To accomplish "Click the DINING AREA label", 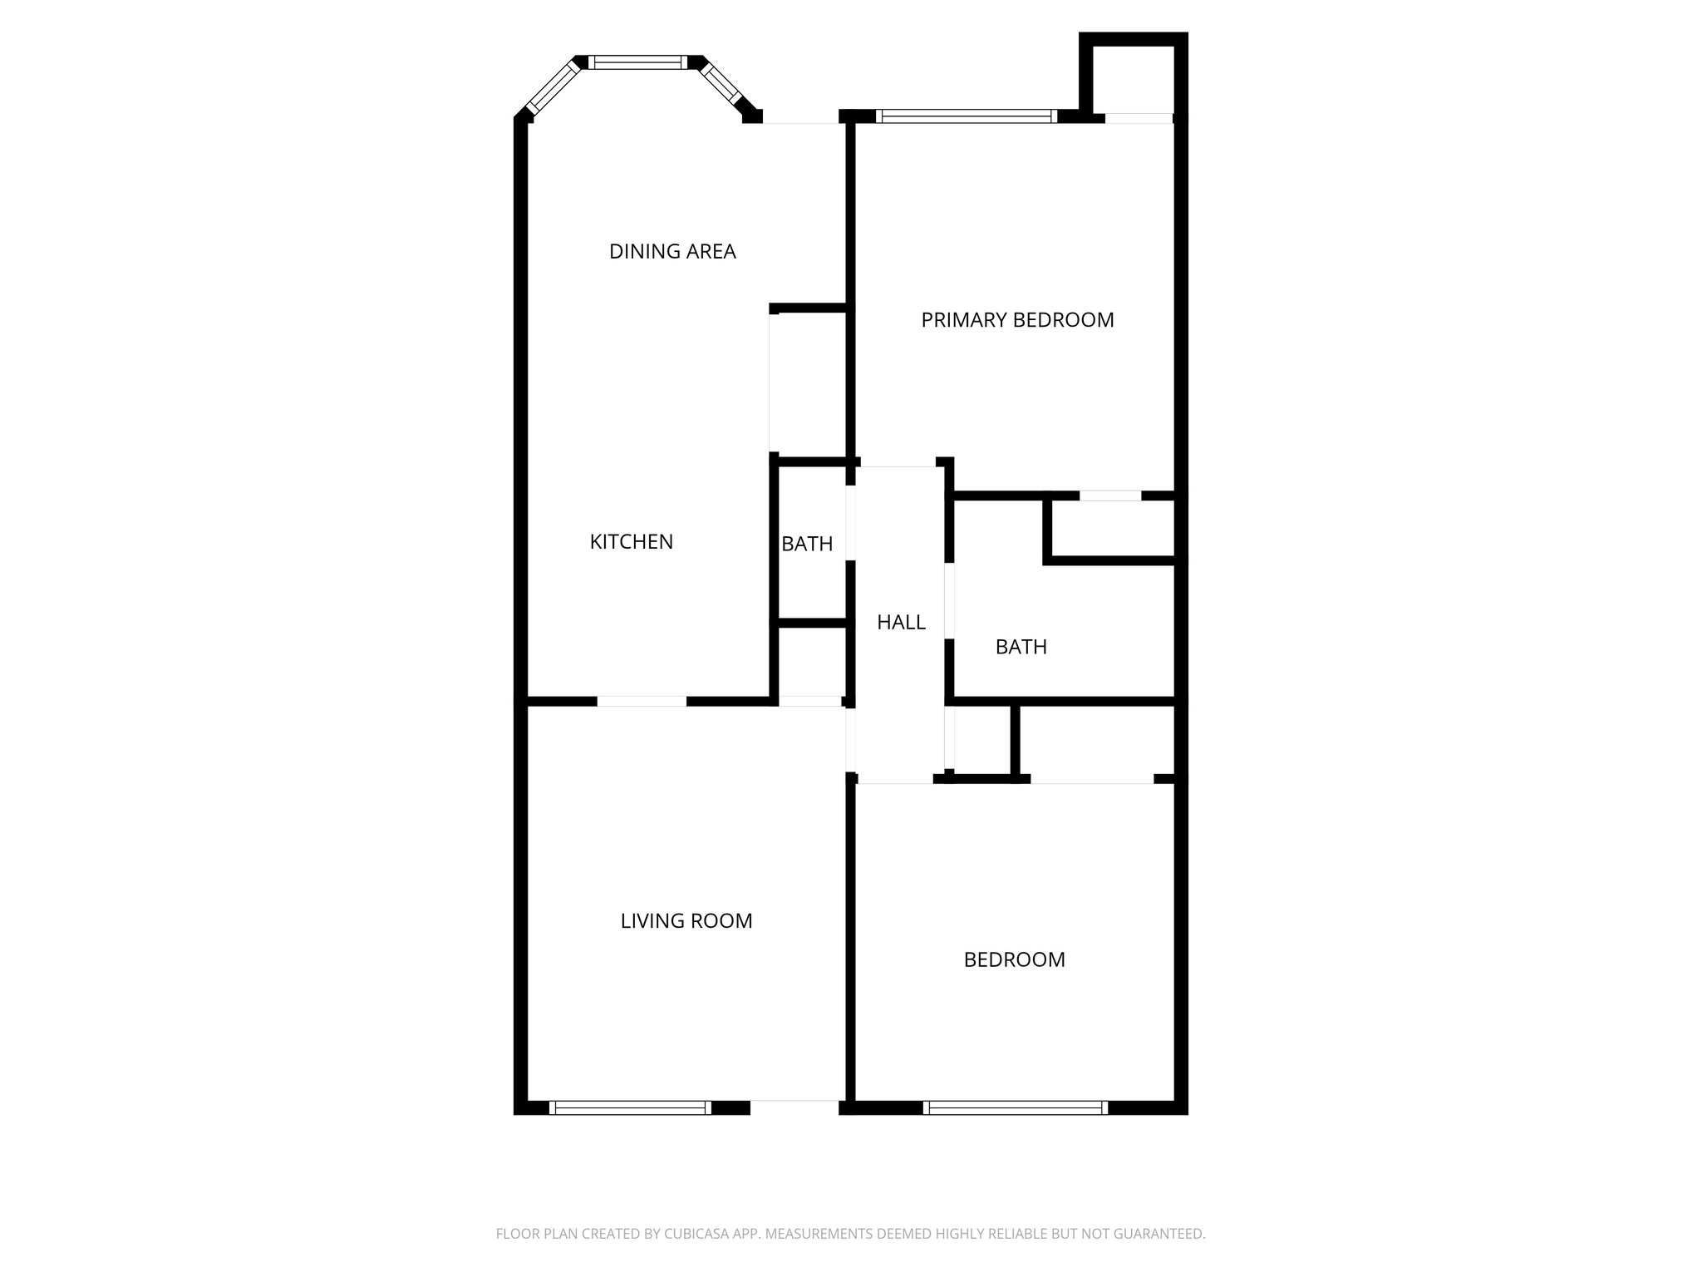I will [x=672, y=251].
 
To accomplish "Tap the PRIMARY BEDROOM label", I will [x=1017, y=320].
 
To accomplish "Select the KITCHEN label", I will [x=631, y=542].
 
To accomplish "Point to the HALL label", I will [x=901, y=622].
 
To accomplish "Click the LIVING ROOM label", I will [x=686, y=921].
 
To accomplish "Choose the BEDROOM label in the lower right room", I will [x=1014, y=960].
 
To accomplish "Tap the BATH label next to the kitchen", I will [x=807, y=544].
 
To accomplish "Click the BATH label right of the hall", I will [x=1021, y=647].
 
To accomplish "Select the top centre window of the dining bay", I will [x=638, y=62].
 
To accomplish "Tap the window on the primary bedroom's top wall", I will [x=967, y=116].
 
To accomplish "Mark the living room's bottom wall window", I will [x=630, y=1107].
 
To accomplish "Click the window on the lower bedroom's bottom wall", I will [x=1015, y=1107].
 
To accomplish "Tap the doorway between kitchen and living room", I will [x=642, y=702].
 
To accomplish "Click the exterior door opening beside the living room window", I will [x=794, y=1107].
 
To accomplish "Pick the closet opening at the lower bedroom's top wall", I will [x=1092, y=779].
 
